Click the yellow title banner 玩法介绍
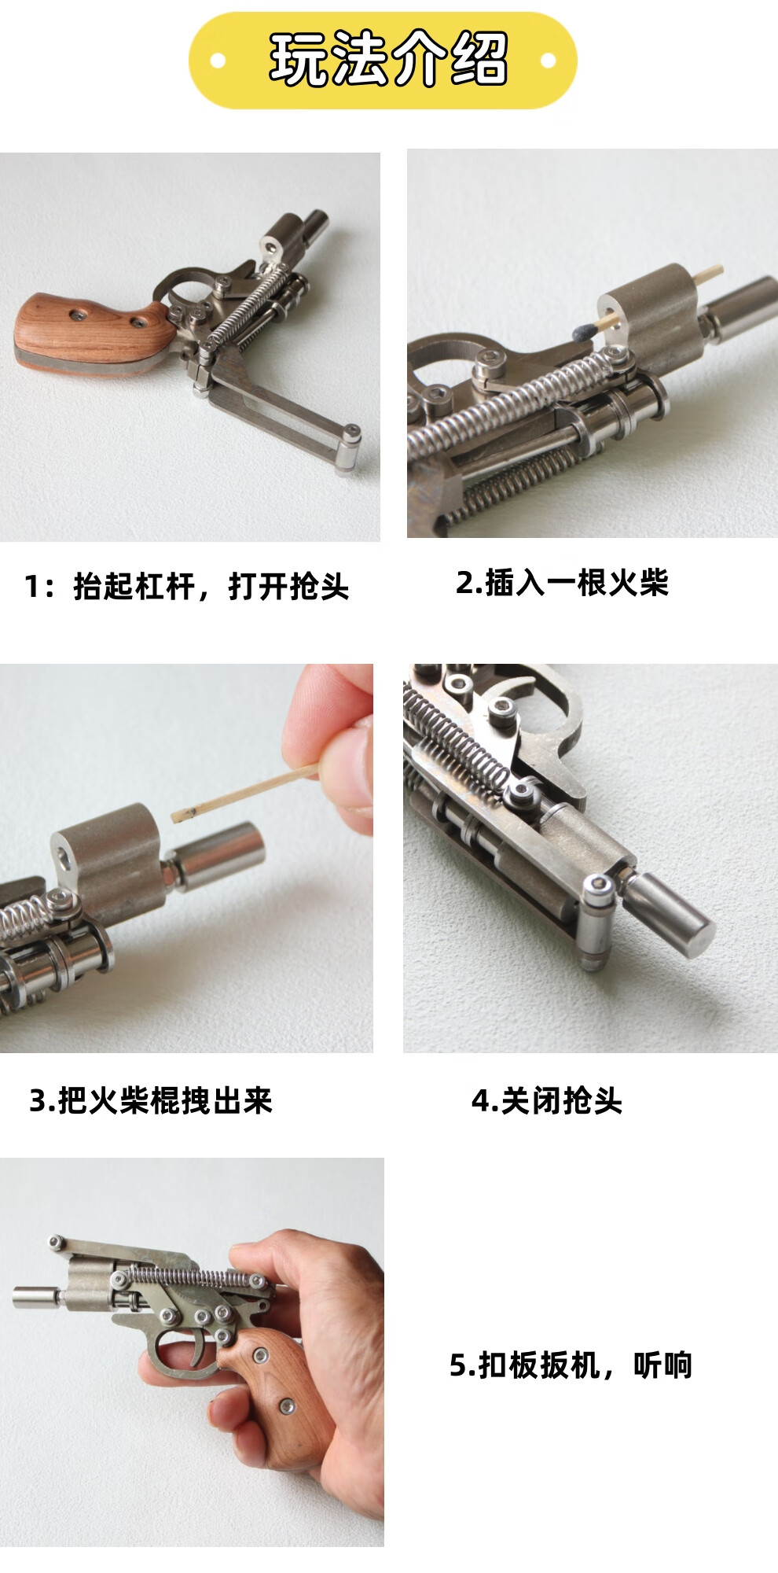383,61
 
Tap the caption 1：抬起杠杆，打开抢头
187,587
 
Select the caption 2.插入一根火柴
562,583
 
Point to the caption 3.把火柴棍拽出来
151,1100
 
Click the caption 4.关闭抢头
547,1100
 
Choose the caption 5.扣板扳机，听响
571,1365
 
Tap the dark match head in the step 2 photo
582,330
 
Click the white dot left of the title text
219,60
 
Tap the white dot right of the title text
549,60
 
